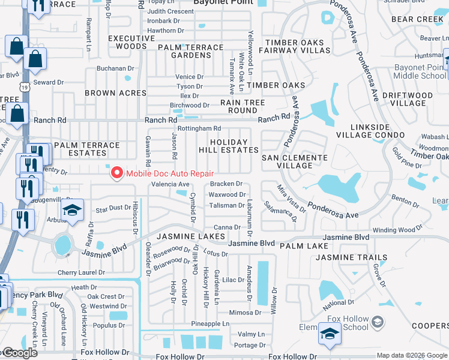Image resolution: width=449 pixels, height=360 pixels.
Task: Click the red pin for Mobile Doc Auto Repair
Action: (x=116, y=174)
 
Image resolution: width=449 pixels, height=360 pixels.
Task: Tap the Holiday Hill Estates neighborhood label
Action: (x=229, y=145)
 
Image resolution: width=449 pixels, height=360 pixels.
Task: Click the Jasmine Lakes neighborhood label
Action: (x=190, y=237)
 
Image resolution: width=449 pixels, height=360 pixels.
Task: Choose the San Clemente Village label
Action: (x=295, y=161)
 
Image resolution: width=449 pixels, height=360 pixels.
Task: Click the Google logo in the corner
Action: (x=20, y=353)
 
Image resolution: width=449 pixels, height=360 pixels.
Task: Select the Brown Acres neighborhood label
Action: (x=115, y=93)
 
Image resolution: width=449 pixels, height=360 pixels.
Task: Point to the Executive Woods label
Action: (x=127, y=42)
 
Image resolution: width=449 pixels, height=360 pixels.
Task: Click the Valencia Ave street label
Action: (x=170, y=184)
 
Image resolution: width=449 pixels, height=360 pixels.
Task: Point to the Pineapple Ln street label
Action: (x=210, y=324)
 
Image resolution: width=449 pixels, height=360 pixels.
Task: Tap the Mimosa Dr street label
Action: (x=244, y=313)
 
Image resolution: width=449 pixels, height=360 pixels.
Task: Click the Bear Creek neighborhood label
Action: (x=417, y=19)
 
